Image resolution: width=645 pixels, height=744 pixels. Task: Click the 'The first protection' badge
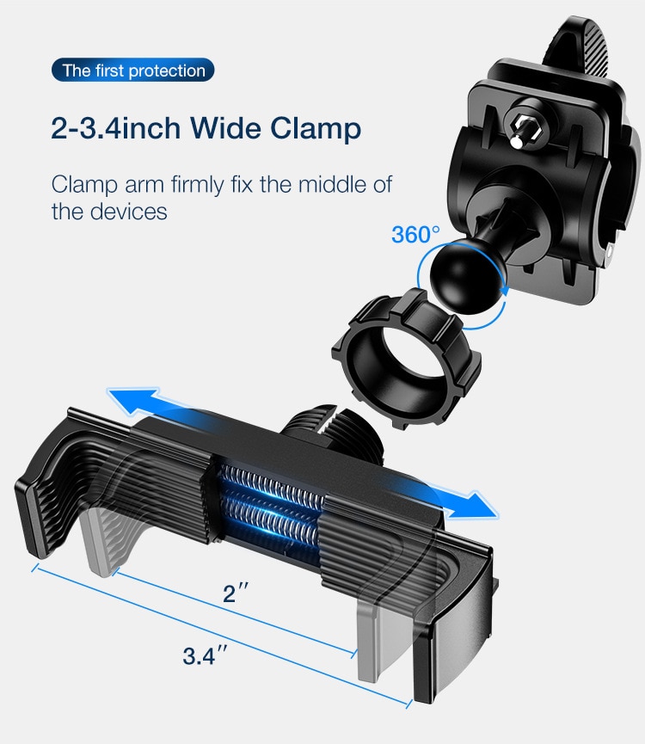coord(132,71)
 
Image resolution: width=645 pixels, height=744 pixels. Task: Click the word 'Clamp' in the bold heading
coord(316,129)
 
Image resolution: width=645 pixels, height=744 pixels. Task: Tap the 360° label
coord(415,234)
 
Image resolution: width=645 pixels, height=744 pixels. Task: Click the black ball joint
coord(466,275)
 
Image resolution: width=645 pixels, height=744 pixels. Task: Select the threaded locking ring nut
coord(406,359)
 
